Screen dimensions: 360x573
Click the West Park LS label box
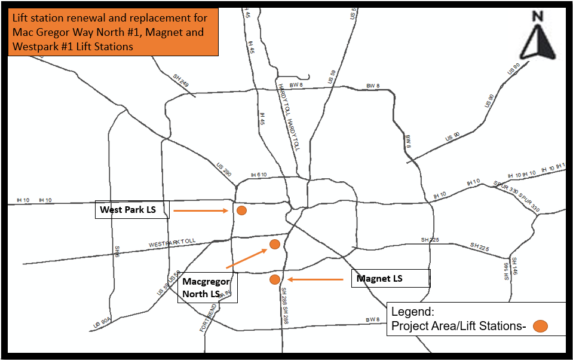pos(132,210)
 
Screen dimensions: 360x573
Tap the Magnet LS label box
pos(390,279)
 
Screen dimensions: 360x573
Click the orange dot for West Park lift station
pos(241,210)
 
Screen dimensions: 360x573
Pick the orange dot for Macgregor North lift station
pos(275,244)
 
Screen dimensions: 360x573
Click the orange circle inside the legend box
pos(540,326)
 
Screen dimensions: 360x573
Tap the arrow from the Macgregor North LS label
pos(246,258)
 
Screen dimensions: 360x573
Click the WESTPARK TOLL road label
pos(172,243)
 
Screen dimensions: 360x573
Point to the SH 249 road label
pos(181,81)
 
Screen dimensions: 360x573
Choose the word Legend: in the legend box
pos(412,312)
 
